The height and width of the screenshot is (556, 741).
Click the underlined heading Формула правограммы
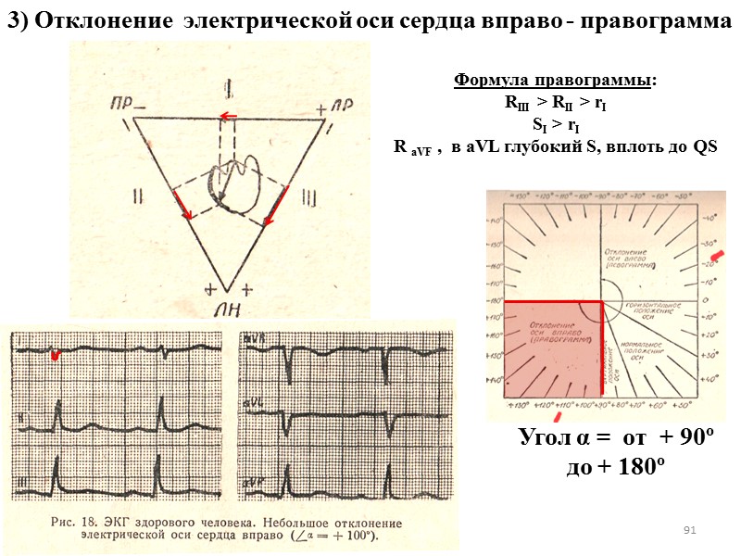pyautogui.click(x=554, y=81)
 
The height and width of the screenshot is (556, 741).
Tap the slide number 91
pyautogui.click(x=688, y=529)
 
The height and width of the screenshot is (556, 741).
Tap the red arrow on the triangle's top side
pyautogui.click(x=228, y=116)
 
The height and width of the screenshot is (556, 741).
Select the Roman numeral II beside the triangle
pyautogui.click(x=138, y=197)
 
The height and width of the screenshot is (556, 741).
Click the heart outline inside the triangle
pyautogui.click(x=232, y=180)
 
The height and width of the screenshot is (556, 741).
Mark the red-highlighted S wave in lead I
pyautogui.click(x=56, y=354)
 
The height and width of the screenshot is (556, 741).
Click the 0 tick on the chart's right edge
pyautogui.click(x=708, y=301)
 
